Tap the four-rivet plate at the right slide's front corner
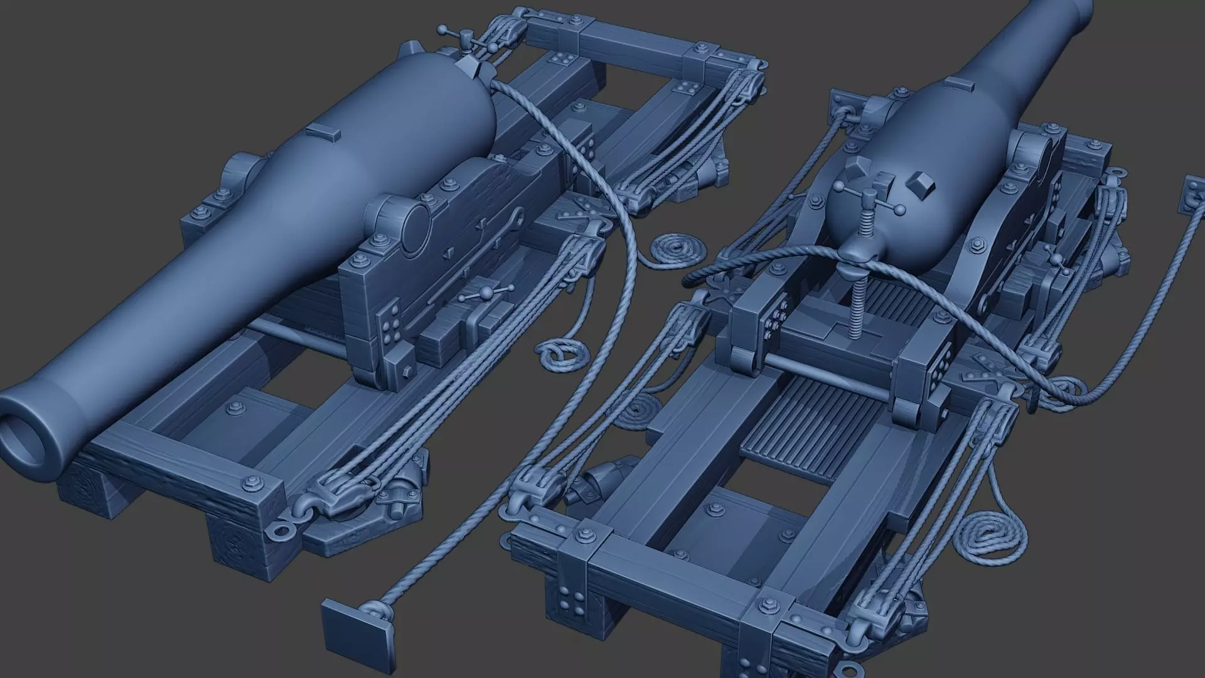572,600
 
